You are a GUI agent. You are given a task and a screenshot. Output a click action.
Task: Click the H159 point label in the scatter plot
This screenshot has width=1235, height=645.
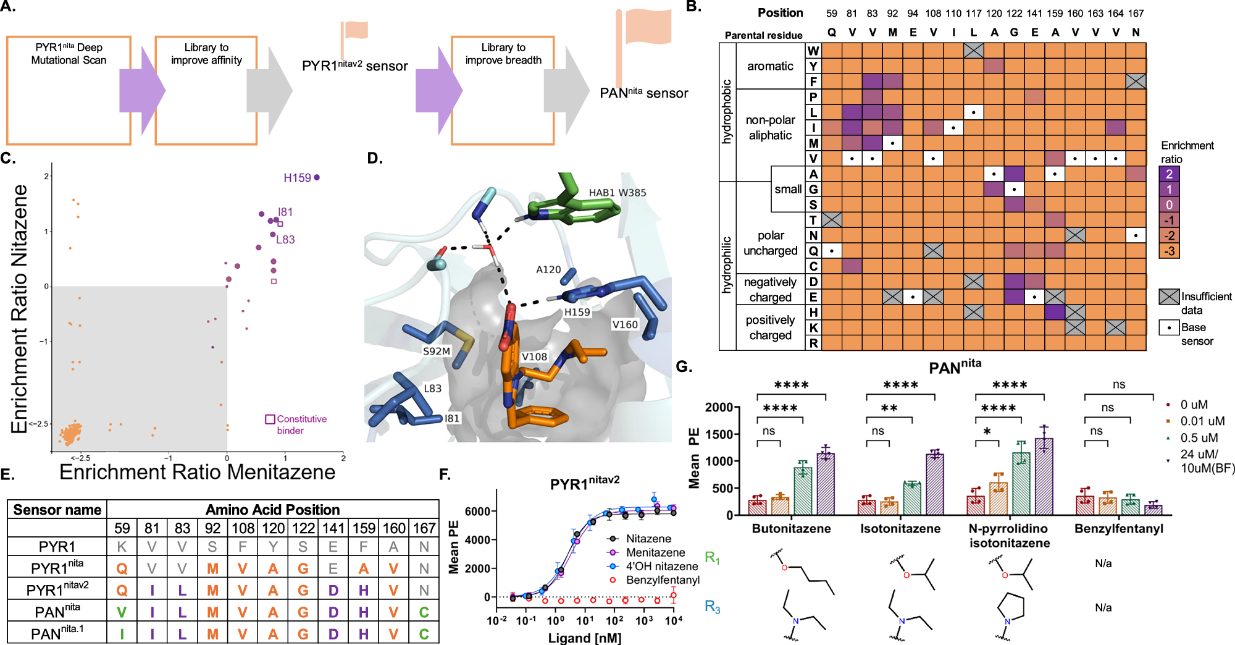click(297, 178)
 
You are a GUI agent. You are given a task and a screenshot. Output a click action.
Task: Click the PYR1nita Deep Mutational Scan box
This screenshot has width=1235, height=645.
click(69, 90)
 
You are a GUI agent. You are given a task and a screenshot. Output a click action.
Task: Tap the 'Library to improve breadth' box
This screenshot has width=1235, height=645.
click(503, 90)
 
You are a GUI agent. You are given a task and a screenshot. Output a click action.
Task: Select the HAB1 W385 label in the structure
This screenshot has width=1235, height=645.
click(617, 193)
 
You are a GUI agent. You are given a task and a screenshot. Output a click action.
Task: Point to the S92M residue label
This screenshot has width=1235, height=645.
click(436, 351)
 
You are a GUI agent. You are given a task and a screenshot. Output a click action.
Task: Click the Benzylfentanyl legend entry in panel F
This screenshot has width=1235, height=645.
click(662, 580)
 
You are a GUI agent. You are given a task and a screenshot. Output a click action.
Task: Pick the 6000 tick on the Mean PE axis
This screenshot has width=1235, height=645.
click(478, 512)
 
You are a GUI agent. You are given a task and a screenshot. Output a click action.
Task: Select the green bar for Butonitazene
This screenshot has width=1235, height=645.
click(803, 491)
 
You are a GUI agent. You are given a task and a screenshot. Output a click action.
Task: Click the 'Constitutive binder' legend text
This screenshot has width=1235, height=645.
click(301, 424)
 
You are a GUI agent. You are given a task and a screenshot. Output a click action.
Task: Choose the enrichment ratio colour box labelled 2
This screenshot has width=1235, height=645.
click(1169, 174)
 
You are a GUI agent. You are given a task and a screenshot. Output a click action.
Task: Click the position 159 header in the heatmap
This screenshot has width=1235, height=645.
click(1055, 13)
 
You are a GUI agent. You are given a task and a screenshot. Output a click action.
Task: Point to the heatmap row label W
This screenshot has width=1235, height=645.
click(813, 51)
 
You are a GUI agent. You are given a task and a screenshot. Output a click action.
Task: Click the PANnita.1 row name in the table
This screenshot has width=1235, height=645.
click(57, 634)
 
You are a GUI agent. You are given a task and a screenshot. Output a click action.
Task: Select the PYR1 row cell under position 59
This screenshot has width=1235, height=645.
click(122, 547)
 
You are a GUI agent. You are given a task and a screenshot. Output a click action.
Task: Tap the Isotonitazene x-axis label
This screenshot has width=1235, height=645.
click(900, 529)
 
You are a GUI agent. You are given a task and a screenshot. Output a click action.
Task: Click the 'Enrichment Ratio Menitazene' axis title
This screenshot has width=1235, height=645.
click(197, 472)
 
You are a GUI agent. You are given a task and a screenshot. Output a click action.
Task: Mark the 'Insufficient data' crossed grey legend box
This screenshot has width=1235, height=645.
click(1169, 297)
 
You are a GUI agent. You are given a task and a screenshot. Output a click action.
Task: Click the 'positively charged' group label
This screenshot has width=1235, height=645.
click(770, 327)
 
